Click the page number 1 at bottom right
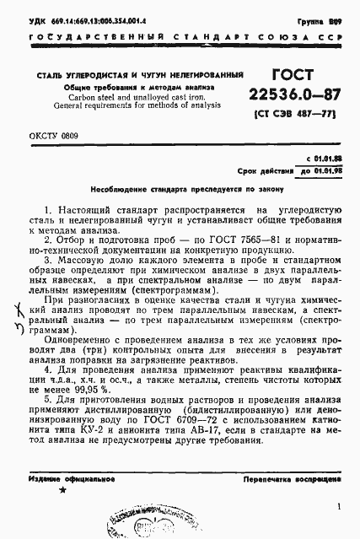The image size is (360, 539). point(337,506)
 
